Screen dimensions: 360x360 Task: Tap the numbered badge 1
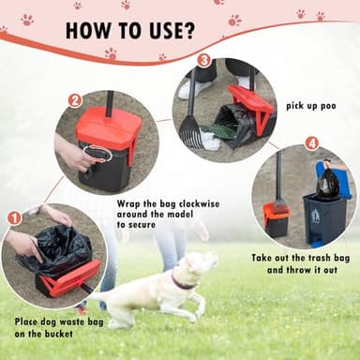coord(14,218)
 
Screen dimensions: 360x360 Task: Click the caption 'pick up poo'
coord(310,106)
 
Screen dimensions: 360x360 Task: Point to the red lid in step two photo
coord(109,127)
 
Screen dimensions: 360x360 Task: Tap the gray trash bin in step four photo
coord(324,219)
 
